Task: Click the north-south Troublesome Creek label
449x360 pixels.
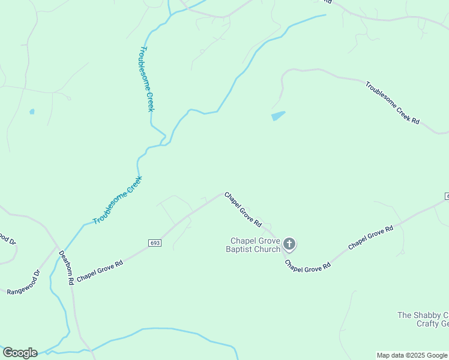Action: pyautogui.click(x=147, y=79)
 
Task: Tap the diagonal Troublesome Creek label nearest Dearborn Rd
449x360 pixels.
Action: pyautogui.click(x=118, y=200)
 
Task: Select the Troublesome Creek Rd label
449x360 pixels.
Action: pyautogui.click(x=392, y=102)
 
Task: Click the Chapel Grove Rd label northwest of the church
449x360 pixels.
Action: pyautogui.click(x=243, y=209)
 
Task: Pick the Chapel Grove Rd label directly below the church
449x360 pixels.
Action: pyautogui.click(x=307, y=266)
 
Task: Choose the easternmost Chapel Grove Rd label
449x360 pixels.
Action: pyautogui.click(x=370, y=237)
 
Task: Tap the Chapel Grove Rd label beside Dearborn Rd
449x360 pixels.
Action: pyautogui.click(x=100, y=271)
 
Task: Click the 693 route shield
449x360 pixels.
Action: pyautogui.click(x=155, y=242)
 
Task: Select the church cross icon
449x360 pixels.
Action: pyautogui.click(x=289, y=244)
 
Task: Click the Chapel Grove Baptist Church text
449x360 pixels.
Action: pyautogui.click(x=253, y=245)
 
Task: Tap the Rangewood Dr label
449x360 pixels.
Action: pyautogui.click(x=23, y=283)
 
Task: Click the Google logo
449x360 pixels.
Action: pyautogui.click(x=20, y=353)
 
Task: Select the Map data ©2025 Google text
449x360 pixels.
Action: pyautogui.click(x=412, y=355)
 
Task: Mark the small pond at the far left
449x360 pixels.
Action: pyautogui.click(x=32, y=111)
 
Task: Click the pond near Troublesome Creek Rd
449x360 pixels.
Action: pyautogui.click(x=278, y=116)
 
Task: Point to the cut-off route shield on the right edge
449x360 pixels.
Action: pyautogui.click(x=447, y=196)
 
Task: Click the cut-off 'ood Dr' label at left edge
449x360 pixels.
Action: pyautogui.click(x=7, y=238)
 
